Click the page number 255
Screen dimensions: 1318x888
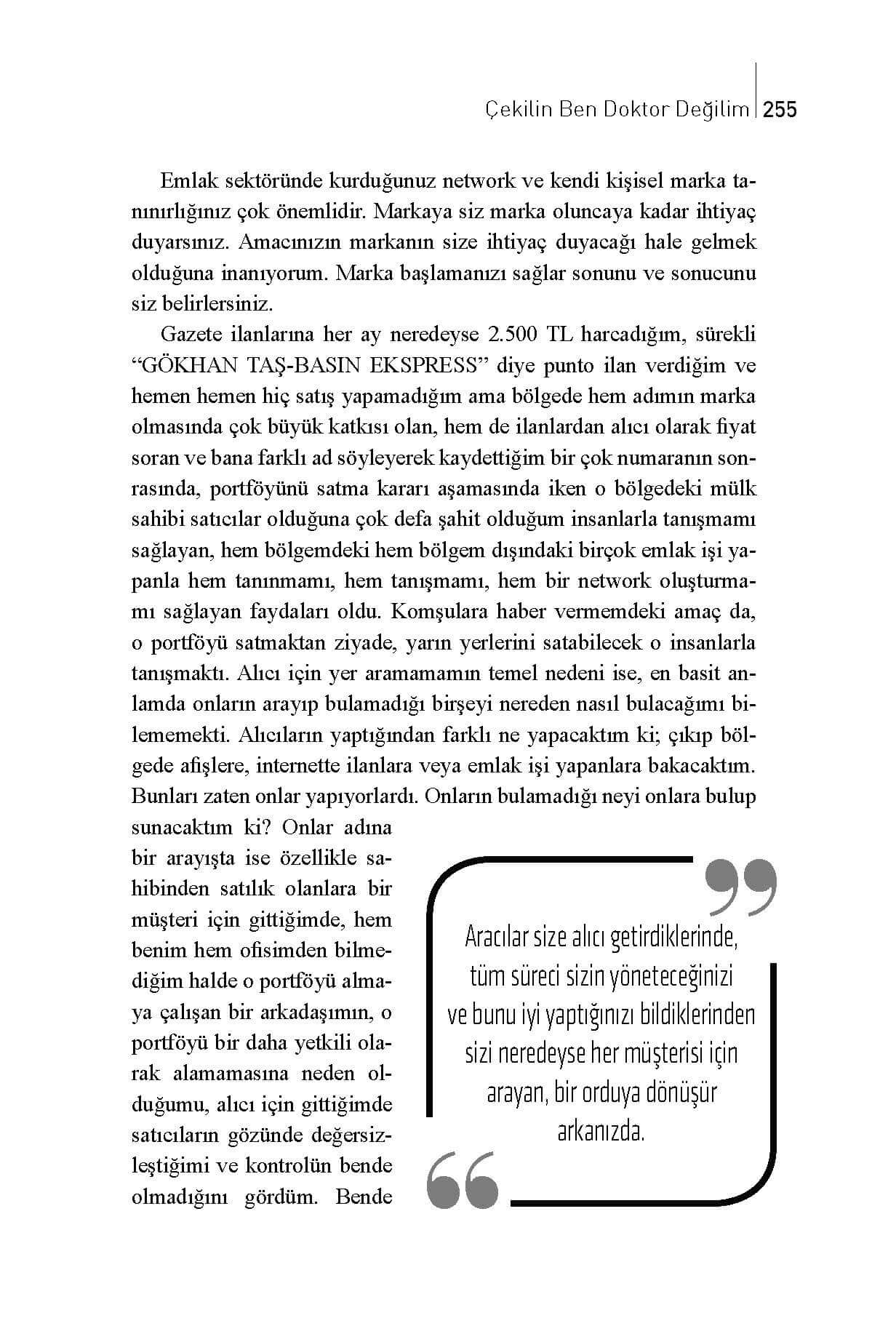pos(781,110)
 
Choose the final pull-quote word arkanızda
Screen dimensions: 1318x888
pos(601,1132)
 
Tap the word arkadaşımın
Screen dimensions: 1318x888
pos(323,1012)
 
